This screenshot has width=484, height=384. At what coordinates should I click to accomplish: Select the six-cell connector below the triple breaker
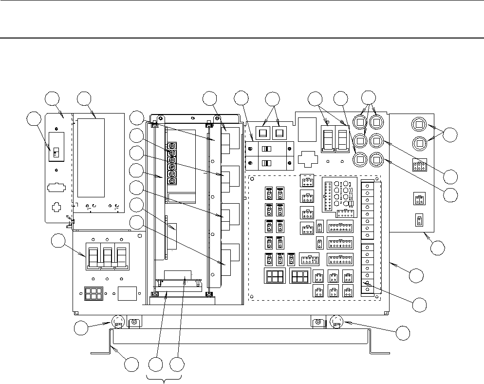pos(91,294)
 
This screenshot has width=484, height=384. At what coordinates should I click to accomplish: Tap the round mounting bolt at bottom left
pos(117,322)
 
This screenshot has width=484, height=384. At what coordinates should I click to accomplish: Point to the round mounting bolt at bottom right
pos(336,322)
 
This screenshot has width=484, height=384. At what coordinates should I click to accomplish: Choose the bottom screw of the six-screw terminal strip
pos(171,181)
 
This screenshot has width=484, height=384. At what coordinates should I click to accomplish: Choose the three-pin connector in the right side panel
pos(419,166)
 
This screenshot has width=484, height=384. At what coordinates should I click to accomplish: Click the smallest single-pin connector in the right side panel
pos(418,220)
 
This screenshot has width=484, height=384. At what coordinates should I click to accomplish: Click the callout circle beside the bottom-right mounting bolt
pos(403,333)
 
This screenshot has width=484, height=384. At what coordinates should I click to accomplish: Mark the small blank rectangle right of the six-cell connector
pos(127,293)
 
